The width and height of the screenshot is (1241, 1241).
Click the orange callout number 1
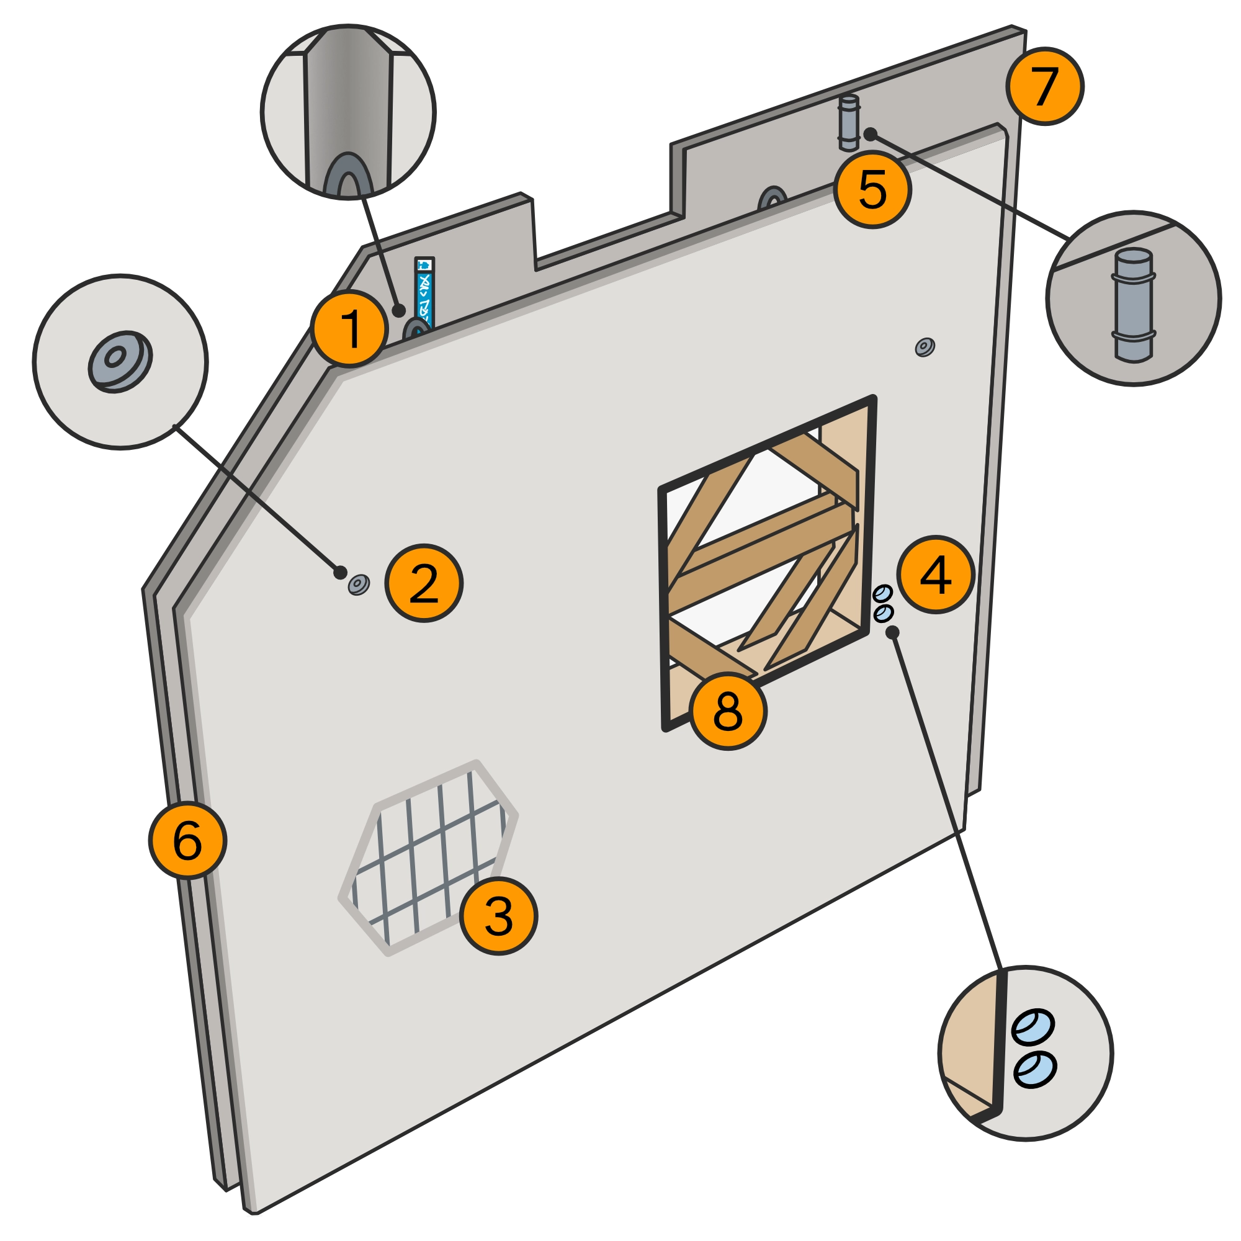click(x=350, y=329)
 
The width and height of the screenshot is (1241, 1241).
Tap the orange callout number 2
click(x=423, y=583)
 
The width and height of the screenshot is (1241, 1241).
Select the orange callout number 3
click(x=498, y=915)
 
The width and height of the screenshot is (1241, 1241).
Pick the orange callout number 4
click(x=935, y=574)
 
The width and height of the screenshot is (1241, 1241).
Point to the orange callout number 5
click(x=872, y=189)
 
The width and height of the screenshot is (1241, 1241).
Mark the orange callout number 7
click(x=1044, y=86)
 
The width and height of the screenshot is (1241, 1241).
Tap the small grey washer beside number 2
click(x=359, y=584)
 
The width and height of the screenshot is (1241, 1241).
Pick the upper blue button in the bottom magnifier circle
click(x=1033, y=1026)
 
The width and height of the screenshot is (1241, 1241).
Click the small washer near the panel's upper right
click(x=925, y=347)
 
